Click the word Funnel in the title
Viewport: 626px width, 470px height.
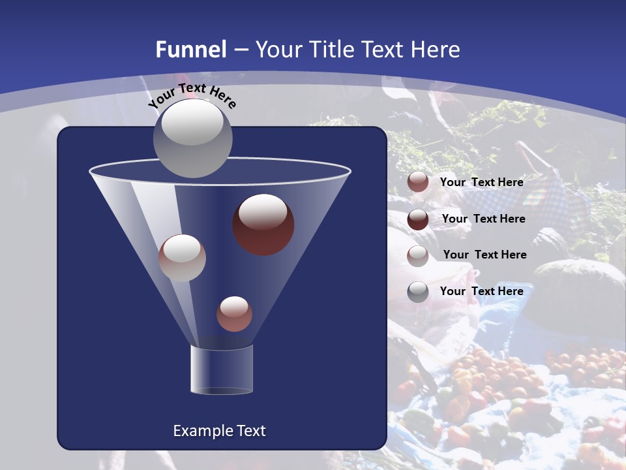pos(191,50)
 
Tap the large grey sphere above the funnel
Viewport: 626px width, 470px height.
pos(192,138)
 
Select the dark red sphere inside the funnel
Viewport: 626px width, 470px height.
pos(263,225)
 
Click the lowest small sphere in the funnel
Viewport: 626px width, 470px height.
pos(234,313)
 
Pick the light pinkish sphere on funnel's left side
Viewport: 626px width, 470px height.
pos(182,257)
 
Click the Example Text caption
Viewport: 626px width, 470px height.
pos(219,431)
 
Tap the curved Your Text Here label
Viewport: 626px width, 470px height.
pos(192,95)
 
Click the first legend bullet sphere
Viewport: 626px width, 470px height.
pos(418,182)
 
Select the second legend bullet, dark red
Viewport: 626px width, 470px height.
pos(418,219)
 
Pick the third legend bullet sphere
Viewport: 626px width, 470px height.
pos(418,256)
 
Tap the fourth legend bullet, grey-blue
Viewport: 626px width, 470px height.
pos(418,292)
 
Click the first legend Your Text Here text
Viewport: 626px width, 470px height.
pos(481,182)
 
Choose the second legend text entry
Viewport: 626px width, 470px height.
pos(483,219)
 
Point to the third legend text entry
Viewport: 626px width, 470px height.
pos(484,255)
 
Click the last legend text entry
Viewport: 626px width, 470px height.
pos(481,291)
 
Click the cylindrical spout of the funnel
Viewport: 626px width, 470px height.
pos(222,370)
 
